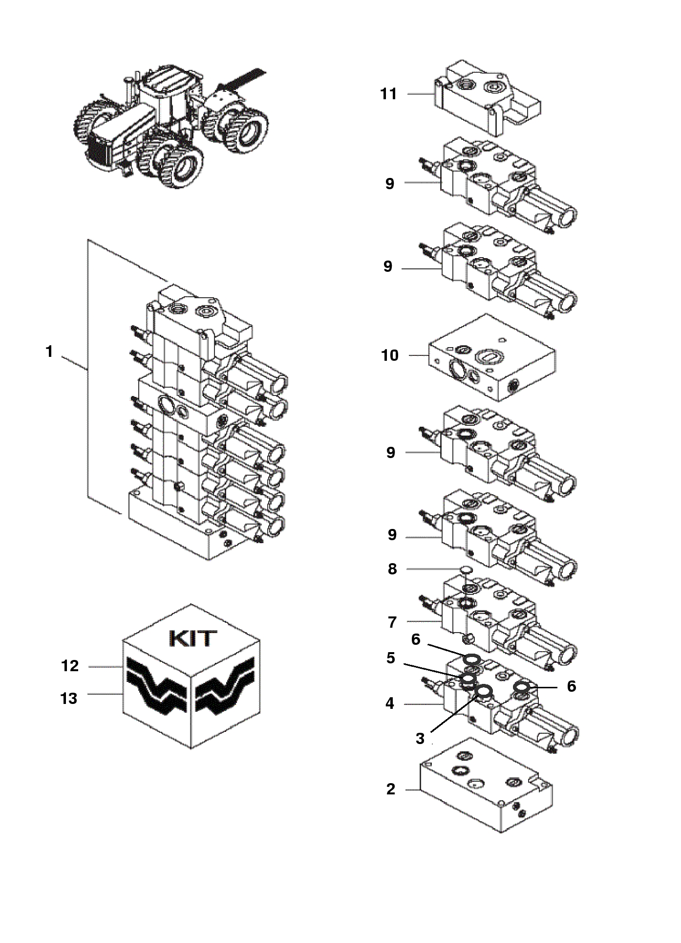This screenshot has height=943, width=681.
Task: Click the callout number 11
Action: (388, 93)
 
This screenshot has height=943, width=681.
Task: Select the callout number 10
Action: (390, 355)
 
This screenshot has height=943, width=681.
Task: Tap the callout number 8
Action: (392, 569)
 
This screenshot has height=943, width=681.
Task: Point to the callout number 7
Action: (392, 622)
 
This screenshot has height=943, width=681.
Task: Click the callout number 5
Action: (390, 658)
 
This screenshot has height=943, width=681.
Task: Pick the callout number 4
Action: (389, 703)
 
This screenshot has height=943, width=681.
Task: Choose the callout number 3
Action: (420, 738)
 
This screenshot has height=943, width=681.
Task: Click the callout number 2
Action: (390, 789)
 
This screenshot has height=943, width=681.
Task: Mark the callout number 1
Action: (49, 351)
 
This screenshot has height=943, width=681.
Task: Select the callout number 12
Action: (70, 666)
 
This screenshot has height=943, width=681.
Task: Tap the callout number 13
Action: (69, 699)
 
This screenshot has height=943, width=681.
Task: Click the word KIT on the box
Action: (192, 638)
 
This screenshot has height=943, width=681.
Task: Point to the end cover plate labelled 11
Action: (489, 98)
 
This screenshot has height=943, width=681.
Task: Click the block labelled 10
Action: (492, 357)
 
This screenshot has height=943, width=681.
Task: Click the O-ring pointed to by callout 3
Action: (484, 691)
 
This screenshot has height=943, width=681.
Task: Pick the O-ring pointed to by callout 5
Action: (468, 679)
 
